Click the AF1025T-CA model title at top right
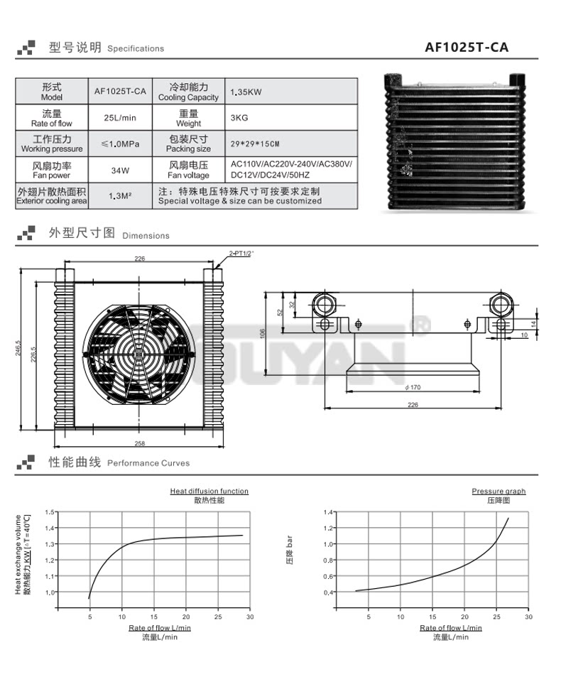[x=467, y=48]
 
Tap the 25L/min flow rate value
[x=119, y=117]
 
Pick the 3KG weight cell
[x=239, y=117]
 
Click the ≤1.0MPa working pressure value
[x=120, y=143]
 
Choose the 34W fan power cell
[x=120, y=170]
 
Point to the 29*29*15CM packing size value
[x=255, y=143]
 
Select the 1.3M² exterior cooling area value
[x=120, y=196]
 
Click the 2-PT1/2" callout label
[x=242, y=253]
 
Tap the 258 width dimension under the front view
[x=139, y=443]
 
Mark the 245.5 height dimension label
[x=19, y=352]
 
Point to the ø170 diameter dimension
[x=411, y=387]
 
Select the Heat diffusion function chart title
[x=209, y=491]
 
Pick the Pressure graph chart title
[x=499, y=491]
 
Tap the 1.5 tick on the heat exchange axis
[x=49, y=512]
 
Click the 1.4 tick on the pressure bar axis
[x=327, y=512]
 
